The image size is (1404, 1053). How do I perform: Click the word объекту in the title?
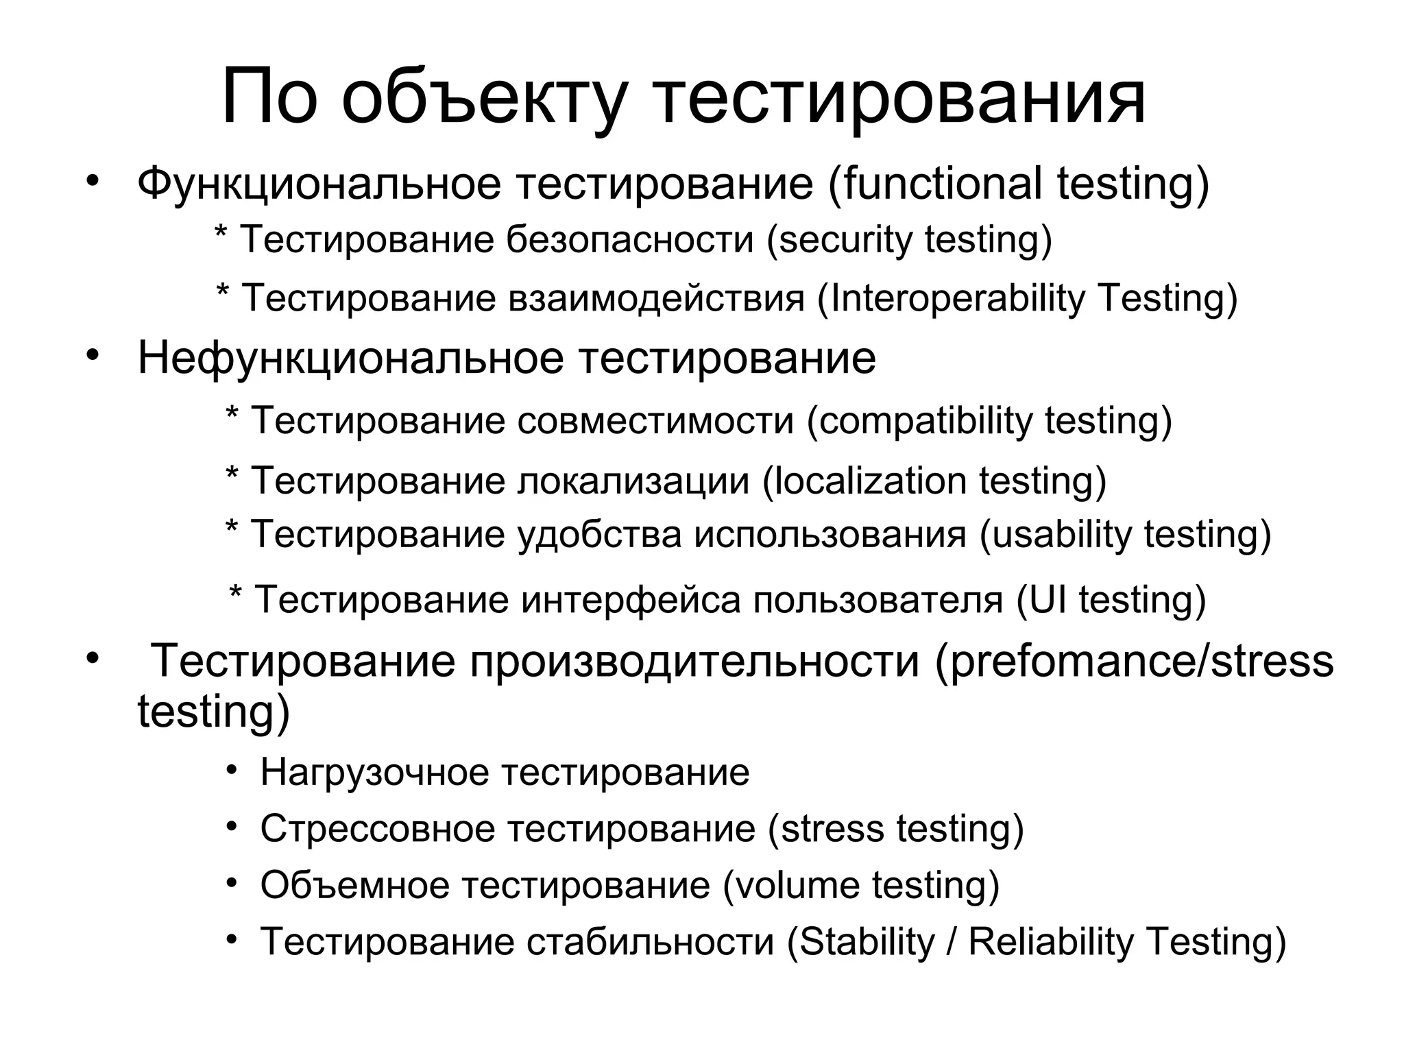coord(483,98)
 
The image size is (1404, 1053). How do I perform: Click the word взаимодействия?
coord(656,298)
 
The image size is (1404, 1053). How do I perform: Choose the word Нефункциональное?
coord(350,358)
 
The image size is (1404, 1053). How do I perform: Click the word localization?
coord(869,480)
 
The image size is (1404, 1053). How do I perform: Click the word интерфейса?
coord(631,599)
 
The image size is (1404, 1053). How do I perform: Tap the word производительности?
coord(694,662)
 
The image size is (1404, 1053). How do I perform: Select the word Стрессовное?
coord(377,829)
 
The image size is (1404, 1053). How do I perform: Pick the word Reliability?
coord(1050,941)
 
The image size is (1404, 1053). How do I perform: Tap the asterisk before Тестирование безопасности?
coord(221,231)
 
